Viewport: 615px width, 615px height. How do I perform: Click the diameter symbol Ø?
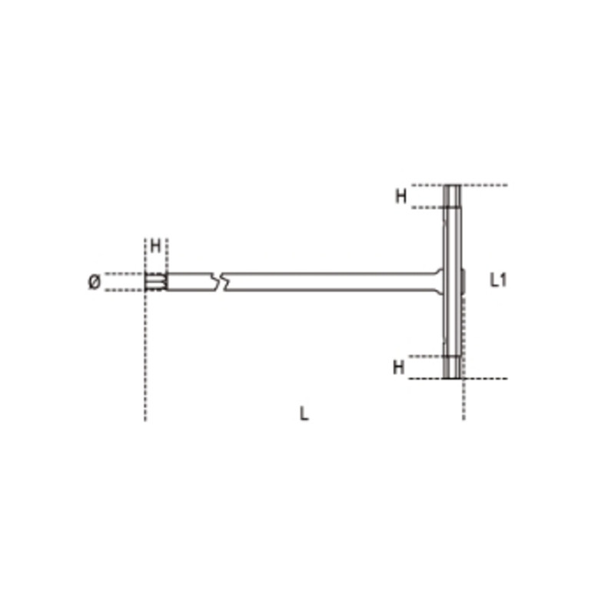coord(94,282)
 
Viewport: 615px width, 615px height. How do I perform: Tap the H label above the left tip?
coord(155,247)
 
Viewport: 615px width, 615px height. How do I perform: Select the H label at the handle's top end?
coord(401,197)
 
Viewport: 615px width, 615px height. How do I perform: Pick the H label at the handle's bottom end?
coord(398,367)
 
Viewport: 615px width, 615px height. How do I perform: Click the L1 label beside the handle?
coord(498,281)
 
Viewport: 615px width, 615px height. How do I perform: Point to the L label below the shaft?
coord(304,414)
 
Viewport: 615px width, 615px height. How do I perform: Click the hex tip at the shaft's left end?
coord(155,282)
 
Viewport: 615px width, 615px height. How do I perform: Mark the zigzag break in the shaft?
coord(220,282)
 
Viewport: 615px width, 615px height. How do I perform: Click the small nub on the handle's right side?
coord(464,281)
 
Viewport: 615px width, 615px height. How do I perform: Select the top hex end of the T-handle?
coord(453,197)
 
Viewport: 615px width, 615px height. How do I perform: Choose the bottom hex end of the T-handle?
coord(453,367)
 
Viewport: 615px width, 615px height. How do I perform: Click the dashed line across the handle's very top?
coord(484,185)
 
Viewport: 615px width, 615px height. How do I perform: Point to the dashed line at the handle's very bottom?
coord(484,378)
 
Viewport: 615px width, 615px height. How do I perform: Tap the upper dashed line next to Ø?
coord(123,273)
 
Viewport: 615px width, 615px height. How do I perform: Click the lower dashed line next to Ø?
coord(123,291)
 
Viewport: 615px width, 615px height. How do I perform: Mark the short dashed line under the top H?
coord(427,208)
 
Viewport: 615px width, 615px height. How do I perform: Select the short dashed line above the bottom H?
coord(427,356)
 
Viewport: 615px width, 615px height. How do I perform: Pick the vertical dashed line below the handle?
coord(463,400)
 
